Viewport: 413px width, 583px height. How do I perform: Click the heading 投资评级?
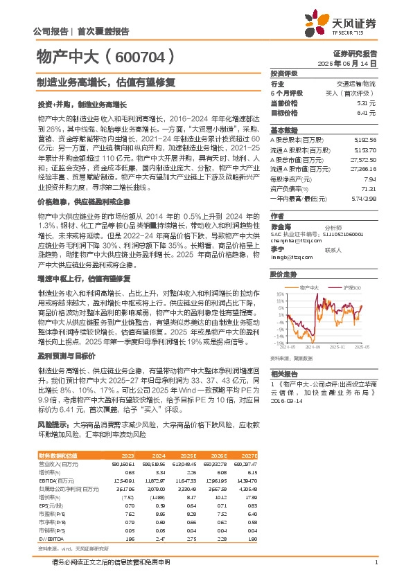[284, 73]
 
